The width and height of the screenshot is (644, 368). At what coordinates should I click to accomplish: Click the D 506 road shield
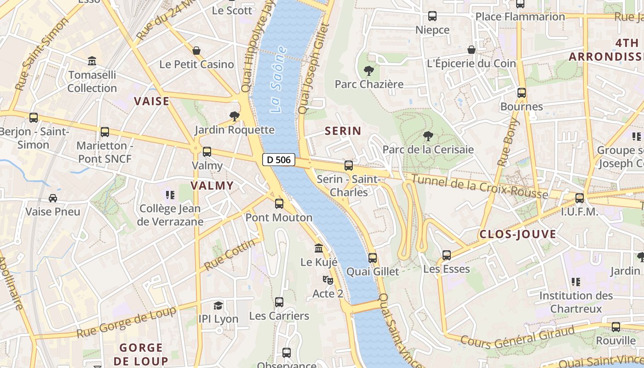[x=279, y=160]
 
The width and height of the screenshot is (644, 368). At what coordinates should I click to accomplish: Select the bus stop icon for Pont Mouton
[x=279, y=204]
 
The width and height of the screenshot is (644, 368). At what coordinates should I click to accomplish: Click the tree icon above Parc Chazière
[x=368, y=71]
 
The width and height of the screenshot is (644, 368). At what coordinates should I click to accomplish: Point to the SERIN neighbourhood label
[x=343, y=131]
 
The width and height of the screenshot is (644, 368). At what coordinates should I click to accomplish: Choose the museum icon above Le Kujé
[x=319, y=248]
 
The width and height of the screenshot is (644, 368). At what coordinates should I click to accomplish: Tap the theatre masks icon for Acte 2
[x=328, y=280]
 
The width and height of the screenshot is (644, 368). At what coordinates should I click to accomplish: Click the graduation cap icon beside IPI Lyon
[x=218, y=305]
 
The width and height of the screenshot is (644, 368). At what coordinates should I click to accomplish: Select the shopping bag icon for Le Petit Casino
[x=196, y=51]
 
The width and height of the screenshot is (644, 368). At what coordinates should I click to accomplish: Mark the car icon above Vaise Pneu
[x=53, y=198]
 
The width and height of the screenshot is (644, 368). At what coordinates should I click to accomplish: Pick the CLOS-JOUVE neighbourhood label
[x=517, y=235]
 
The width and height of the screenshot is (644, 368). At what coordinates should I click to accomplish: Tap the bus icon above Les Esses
[x=446, y=255]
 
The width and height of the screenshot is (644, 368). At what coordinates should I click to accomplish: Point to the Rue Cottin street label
[x=229, y=255]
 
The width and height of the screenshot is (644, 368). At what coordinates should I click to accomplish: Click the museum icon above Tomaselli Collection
[x=92, y=61]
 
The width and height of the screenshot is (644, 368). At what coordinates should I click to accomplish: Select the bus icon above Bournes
[x=521, y=93]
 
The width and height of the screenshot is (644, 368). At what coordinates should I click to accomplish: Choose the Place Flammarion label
[x=520, y=17]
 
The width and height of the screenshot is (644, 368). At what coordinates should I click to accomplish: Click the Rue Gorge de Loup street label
[x=126, y=322]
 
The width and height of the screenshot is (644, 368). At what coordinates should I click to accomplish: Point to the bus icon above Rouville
[x=615, y=327]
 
